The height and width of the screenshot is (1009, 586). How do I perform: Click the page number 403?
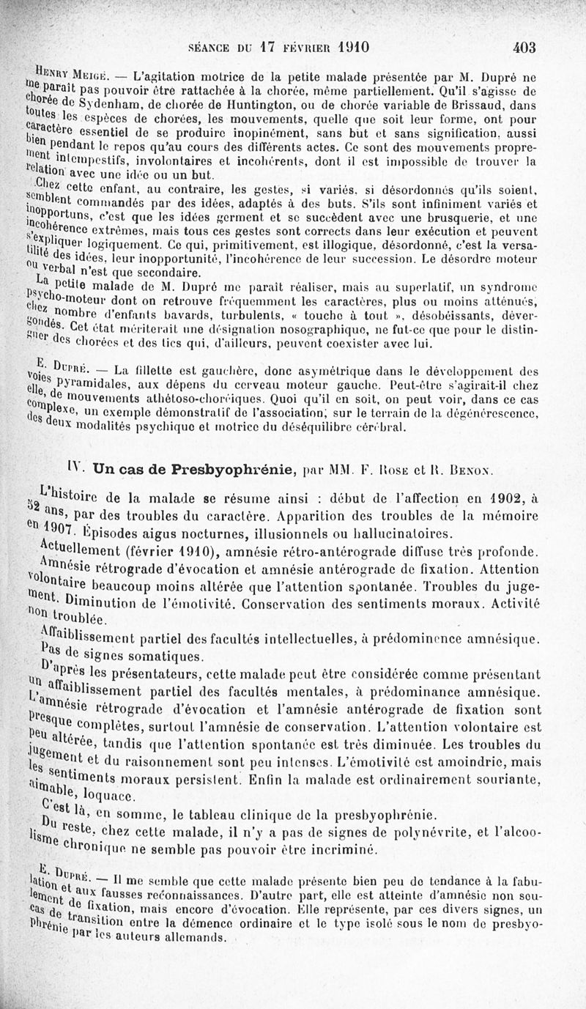click(x=524, y=48)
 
